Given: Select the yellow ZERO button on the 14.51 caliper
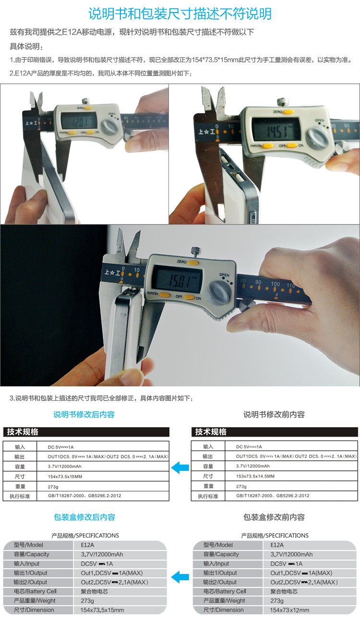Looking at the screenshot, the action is pyautogui.click(x=288, y=112).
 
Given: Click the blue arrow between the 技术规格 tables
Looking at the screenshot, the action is pyautogui.click(x=180, y=467).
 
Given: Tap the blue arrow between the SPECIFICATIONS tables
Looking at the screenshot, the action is pyautogui.click(x=180, y=577).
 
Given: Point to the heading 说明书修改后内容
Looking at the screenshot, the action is pyautogui.click(x=84, y=415).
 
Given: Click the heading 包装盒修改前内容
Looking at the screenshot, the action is pyautogui.click(x=274, y=517).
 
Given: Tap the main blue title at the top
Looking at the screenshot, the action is pyautogui.click(x=180, y=13).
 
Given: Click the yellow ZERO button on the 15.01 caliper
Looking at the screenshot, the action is pyautogui.click(x=193, y=263).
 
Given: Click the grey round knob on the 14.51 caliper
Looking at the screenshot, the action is pyautogui.click(x=318, y=137).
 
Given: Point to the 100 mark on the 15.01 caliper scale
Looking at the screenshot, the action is pyautogui.click(x=275, y=284).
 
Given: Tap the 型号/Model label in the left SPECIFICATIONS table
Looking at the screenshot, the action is pyautogui.click(x=29, y=545).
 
